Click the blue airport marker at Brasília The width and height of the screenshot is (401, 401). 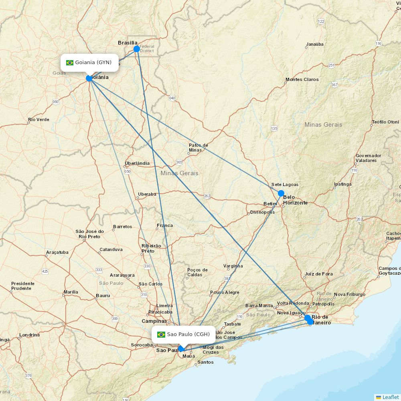click(x=136, y=49)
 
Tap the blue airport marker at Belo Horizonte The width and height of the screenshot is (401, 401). click(x=281, y=193)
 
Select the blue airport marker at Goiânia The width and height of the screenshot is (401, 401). click(x=89, y=78)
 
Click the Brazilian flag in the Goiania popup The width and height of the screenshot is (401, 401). click(x=70, y=63)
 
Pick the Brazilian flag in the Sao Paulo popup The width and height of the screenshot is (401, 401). click(x=161, y=334)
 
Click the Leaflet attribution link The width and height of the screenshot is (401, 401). click(x=390, y=397)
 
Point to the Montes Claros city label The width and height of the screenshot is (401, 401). click(x=302, y=79)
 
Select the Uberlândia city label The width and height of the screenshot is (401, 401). click(x=137, y=163)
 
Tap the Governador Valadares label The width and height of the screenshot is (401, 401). click(x=368, y=158)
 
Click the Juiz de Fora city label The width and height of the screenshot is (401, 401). click(x=318, y=274)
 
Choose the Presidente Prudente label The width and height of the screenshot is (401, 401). click(x=22, y=286)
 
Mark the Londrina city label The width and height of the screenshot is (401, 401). click(x=29, y=335)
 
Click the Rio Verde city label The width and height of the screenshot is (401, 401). click(x=38, y=119)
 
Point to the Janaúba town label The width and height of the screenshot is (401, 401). click(x=314, y=44)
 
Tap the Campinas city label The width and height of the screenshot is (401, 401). click(x=154, y=321)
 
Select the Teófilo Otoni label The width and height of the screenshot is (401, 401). click(x=385, y=122)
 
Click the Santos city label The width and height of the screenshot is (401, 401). click(x=206, y=362)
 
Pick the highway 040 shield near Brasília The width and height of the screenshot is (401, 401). click(x=172, y=98)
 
